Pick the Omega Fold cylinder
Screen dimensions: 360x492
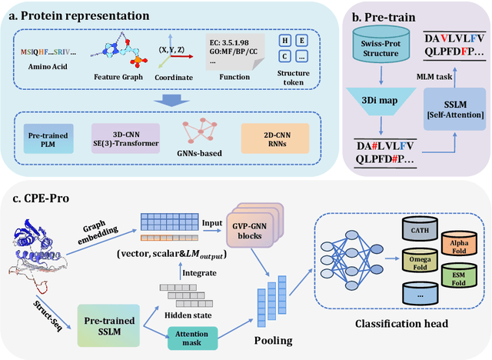click(417, 268)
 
